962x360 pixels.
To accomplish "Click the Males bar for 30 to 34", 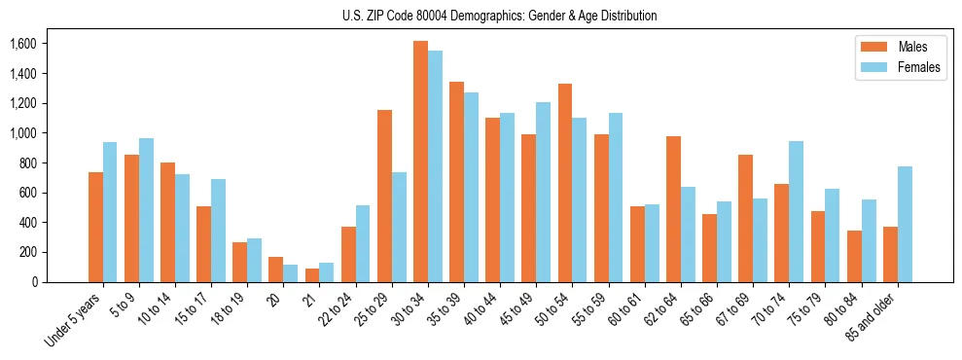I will click(x=420, y=162).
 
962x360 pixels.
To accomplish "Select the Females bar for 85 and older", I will click(x=906, y=224).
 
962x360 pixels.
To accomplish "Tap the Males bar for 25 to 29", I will click(x=384, y=196).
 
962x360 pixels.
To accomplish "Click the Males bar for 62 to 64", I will click(x=673, y=209).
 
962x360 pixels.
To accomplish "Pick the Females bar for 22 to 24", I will click(x=363, y=243).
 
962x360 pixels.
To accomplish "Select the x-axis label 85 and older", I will click(x=873, y=316).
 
